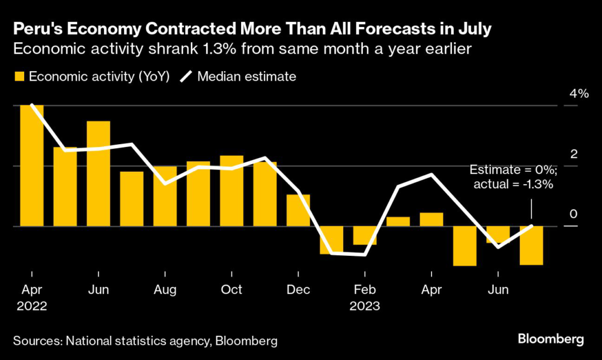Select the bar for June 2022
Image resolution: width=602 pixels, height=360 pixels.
[x=98, y=174]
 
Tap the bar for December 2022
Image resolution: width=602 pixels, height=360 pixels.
[x=298, y=210]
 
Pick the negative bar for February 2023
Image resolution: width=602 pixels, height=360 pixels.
[x=364, y=235]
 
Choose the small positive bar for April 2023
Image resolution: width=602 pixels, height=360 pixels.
[x=431, y=219]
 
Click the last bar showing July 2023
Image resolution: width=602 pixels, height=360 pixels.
[x=531, y=245]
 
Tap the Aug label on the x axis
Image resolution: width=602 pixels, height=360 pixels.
[x=165, y=290]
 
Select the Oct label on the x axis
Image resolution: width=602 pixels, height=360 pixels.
[x=232, y=290]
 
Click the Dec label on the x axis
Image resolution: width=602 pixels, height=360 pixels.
[x=298, y=290]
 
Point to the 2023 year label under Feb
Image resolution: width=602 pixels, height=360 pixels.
[x=364, y=306]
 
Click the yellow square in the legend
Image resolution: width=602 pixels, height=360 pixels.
[x=19, y=76]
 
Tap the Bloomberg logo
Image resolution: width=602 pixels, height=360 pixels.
[x=551, y=339]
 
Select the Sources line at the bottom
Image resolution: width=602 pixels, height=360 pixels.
[x=145, y=341]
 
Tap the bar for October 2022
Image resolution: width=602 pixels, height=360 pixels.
[x=232, y=191]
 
